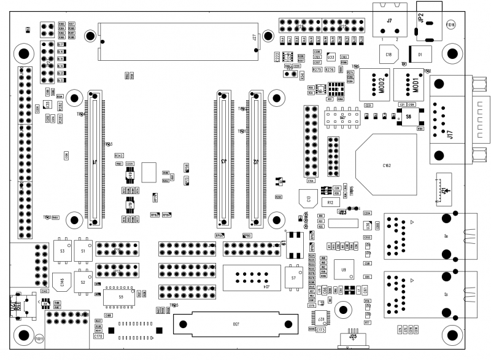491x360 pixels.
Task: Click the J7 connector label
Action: coord(389,20)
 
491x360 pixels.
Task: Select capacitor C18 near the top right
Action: coord(389,55)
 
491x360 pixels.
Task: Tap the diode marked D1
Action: coord(420,55)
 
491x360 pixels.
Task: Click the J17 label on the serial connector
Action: coord(450,133)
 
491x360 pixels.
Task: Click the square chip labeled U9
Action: coord(344,269)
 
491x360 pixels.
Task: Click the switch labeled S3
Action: coord(62,251)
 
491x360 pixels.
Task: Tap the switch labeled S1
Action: coord(83,251)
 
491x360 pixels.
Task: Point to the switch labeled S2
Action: coord(83,282)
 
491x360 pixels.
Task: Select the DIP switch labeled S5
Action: coord(121,297)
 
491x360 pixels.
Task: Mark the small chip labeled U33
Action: coord(330,57)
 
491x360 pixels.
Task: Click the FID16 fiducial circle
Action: coord(450,25)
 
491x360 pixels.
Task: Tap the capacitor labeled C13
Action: coord(309,198)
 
